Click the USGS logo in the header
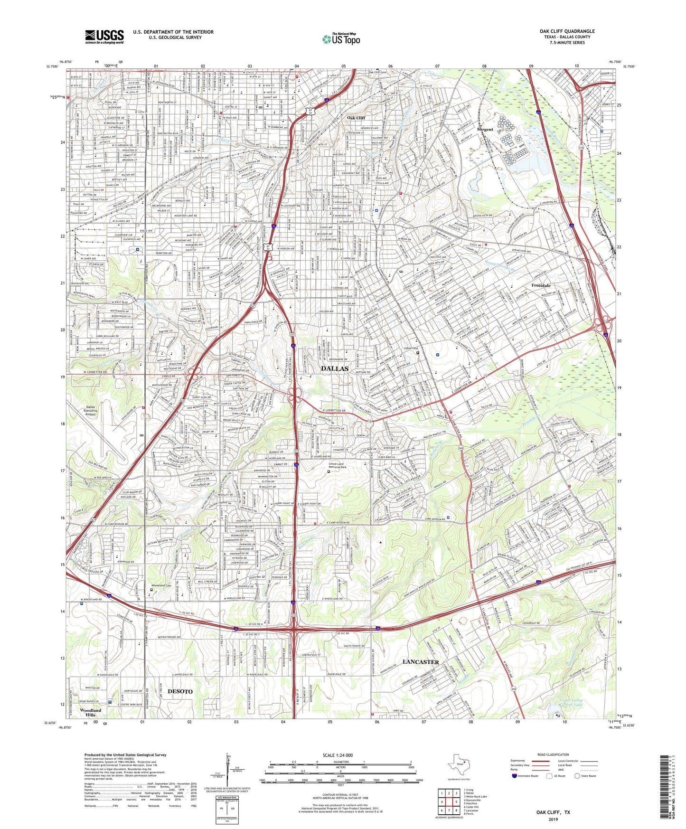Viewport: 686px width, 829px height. (104, 37)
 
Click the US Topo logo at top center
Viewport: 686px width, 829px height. (341, 39)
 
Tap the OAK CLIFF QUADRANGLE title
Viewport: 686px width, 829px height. (567, 31)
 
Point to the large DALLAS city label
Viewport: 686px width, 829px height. (335, 368)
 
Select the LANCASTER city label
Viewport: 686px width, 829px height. (421, 661)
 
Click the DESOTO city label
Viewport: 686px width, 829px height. (180, 691)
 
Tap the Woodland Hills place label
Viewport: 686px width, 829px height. (90, 713)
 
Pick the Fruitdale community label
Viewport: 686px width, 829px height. (541, 285)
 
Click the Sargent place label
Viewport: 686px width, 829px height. (485, 129)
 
